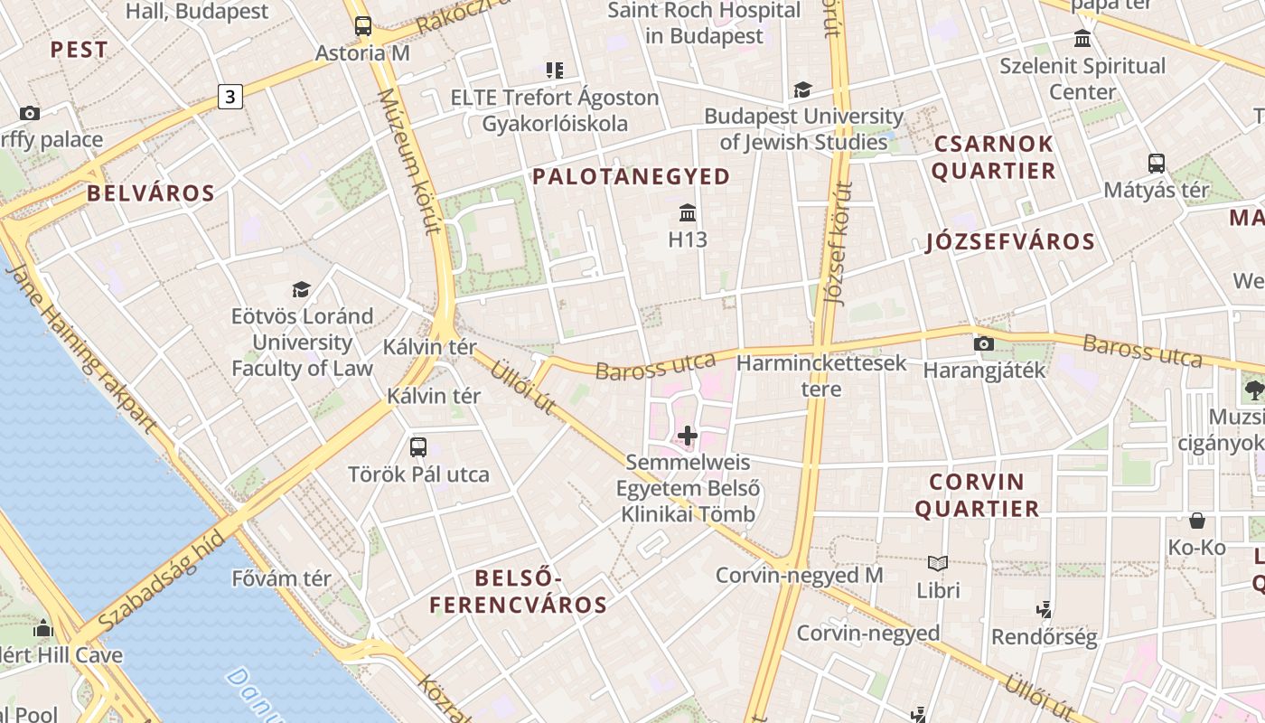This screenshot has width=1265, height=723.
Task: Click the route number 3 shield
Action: click(x=230, y=96)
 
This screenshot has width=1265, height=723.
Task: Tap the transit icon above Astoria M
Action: click(x=362, y=25)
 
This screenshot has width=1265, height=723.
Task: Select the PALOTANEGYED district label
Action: click(x=631, y=176)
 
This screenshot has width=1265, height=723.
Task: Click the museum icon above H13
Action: click(x=688, y=213)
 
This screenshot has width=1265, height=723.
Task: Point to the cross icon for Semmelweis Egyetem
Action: click(x=688, y=436)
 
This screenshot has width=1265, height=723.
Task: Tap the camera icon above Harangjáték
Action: click(x=984, y=343)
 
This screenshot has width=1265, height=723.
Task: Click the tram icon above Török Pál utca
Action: click(x=418, y=446)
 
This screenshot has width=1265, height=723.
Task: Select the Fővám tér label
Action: click(x=281, y=577)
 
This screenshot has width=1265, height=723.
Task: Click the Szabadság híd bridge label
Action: click(x=162, y=583)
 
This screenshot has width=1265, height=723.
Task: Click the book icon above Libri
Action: click(x=938, y=564)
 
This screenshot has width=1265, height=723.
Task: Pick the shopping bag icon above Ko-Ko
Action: click(x=1197, y=521)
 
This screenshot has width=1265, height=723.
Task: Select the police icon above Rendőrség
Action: click(x=1045, y=610)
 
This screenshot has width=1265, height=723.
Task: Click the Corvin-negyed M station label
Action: click(x=799, y=575)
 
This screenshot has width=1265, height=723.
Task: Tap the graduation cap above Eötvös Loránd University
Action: click(x=301, y=289)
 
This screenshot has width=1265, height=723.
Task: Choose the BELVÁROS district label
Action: click(x=151, y=192)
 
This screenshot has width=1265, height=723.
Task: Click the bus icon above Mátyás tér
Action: click(x=1156, y=164)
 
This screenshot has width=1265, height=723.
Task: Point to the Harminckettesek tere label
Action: click(x=821, y=376)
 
